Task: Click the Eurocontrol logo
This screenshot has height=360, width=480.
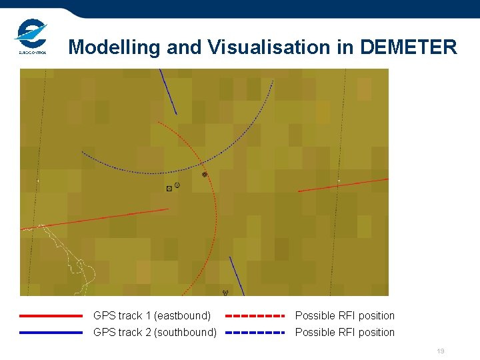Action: coord(31,37)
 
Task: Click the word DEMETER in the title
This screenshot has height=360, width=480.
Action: coord(408,47)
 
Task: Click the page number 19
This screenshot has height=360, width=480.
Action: coord(440,351)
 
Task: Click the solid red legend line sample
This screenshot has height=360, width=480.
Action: coord(51,316)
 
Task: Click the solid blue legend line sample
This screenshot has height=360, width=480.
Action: coord(51,333)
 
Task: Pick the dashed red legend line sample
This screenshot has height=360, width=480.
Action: coord(255,316)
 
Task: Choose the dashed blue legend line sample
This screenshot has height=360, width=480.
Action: coord(255,333)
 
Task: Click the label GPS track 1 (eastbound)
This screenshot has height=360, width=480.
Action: coord(152,316)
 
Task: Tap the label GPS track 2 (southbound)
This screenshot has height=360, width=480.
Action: coord(155,333)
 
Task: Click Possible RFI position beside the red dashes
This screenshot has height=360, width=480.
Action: coord(345,316)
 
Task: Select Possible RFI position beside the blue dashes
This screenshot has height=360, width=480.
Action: coord(345,333)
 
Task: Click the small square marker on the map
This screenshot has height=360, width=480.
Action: coord(169,189)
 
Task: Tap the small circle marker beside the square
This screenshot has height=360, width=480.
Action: coord(177,185)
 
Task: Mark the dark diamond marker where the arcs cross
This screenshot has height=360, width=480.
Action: coord(205,175)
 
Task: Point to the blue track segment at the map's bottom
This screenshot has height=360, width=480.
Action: coord(237,276)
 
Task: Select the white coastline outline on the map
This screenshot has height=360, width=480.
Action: coord(80,263)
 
